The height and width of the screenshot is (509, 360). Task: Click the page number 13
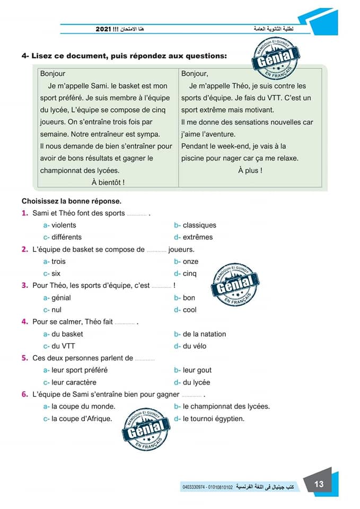(x=319, y=484)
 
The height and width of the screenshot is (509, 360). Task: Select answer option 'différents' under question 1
(x=66, y=237)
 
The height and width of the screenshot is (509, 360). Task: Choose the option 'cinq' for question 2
(x=189, y=274)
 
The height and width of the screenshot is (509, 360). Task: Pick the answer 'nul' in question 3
(x=57, y=310)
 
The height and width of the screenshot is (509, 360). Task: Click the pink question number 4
(x=24, y=321)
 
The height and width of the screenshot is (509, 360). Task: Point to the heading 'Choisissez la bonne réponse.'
(x=72, y=201)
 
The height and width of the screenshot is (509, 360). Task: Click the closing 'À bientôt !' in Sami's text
(x=108, y=182)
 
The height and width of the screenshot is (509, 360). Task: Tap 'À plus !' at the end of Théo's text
(x=250, y=170)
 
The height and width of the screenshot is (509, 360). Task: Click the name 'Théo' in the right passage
(x=240, y=86)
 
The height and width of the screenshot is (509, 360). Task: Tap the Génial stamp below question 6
(x=145, y=432)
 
